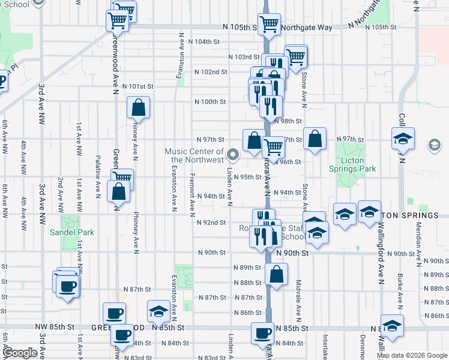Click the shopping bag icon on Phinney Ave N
pyautogui.click(x=138, y=109)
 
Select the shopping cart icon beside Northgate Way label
pyautogui.click(x=270, y=25)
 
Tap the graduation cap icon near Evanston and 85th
pyautogui.click(x=158, y=311)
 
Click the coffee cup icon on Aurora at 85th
pyautogui.click(x=262, y=334)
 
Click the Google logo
pyautogui.click(x=20, y=353)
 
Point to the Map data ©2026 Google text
pyautogui.click(x=412, y=355)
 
